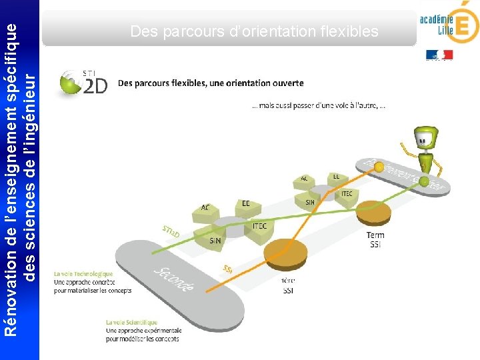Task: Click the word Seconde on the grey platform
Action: click(x=175, y=279)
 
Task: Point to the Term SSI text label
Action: click(x=375, y=239)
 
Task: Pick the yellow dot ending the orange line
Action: click(x=379, y=168)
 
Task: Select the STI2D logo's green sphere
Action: click(x=69, y=85)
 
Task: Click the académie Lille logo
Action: click(x=449, y=25)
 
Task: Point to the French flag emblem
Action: click(x=439, y=55)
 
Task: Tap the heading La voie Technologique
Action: click(x=83, y=273)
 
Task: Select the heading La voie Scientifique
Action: click(x=131, y=322)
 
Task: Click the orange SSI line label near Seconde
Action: click(x=228, y=269)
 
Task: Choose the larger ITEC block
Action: click(x=259, y=227)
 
